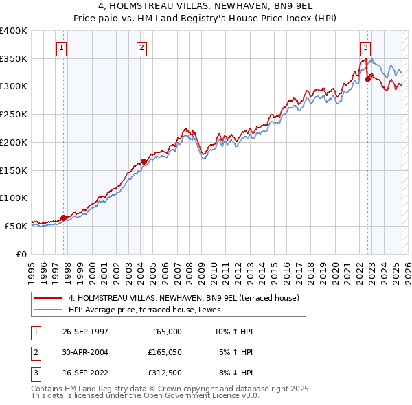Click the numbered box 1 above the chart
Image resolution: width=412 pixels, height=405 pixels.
tap(62, 48)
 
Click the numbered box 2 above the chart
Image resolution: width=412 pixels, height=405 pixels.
tap(141, 48)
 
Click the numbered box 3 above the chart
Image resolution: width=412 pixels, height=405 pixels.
tap(365, 48)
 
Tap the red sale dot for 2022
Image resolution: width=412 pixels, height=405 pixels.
tap(367, 79)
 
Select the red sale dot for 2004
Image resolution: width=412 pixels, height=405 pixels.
tap(144, 161)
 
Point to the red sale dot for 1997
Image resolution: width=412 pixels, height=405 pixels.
tap(63, 218)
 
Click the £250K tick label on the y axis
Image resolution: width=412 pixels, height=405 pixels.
tap(13, 114)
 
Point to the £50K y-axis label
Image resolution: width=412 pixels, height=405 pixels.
tap(16, 226)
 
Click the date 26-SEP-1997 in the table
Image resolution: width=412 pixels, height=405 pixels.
tap(85, 332)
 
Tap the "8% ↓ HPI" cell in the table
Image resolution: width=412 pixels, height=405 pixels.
tap(234, 374)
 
